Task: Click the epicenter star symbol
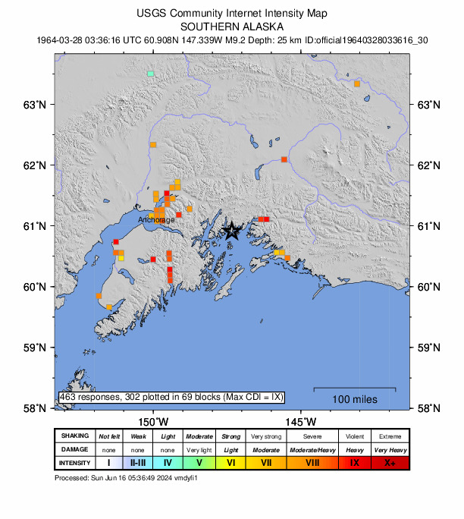[232, 231]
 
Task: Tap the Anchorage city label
[156, 219]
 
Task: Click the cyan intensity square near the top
[151, 74]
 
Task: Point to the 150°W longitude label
[153, 420]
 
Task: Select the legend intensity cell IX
[354, 463]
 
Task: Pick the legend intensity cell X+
[390, 463]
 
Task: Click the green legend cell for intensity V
[199, 463]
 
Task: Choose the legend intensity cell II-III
[139, 463]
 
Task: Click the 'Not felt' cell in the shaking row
[109, 436]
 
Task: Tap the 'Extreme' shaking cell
[390, 436]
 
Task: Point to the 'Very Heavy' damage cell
[390, 450]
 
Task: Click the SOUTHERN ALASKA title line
[232, 25]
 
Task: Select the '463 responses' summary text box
[171, 396]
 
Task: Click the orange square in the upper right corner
[357, 83]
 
